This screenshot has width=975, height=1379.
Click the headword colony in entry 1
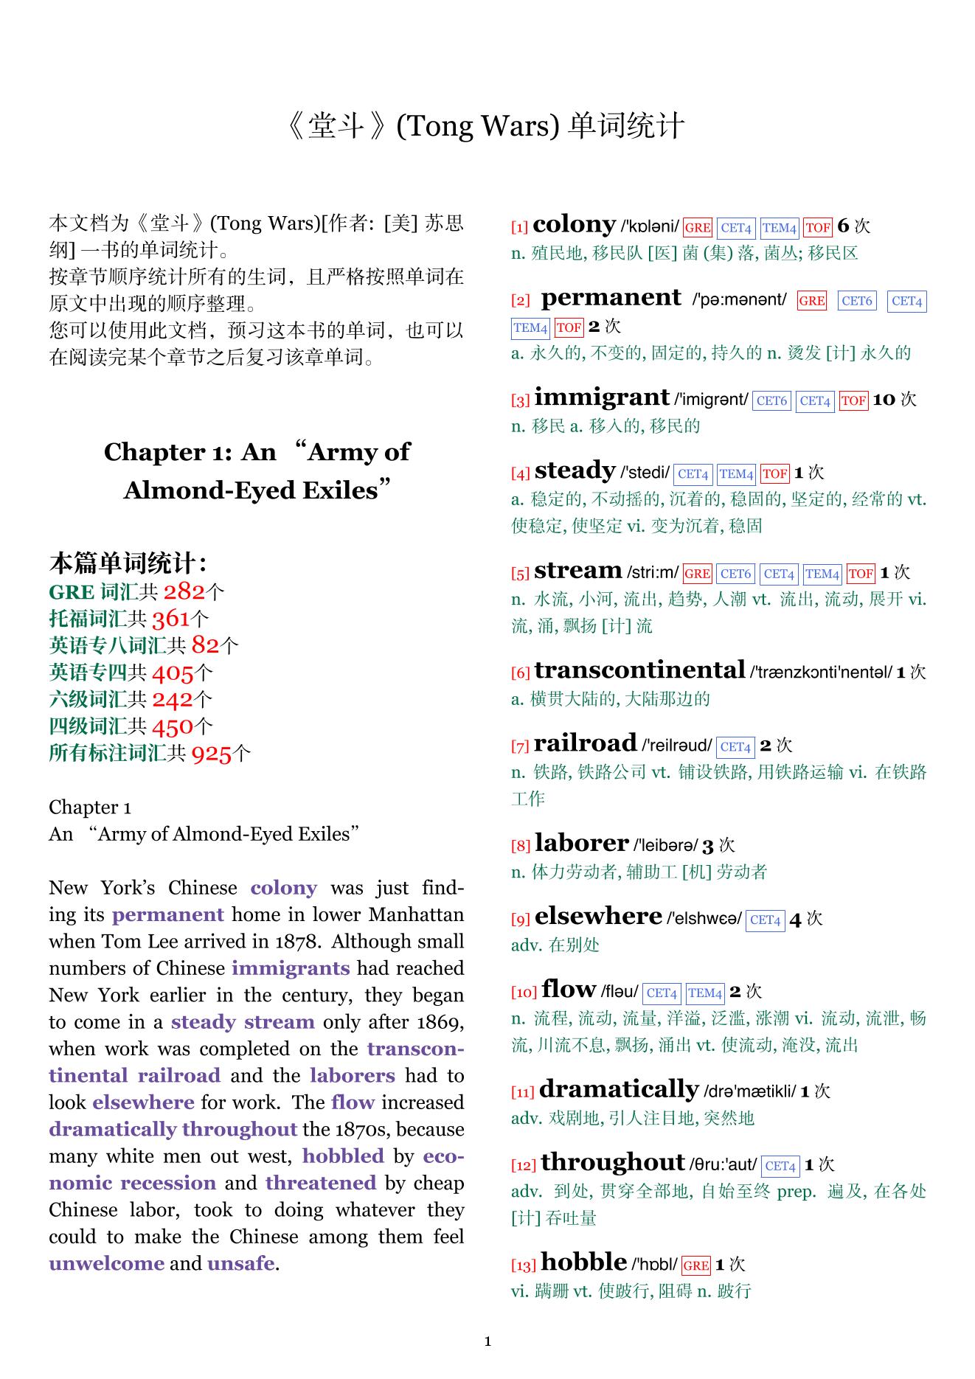[x=574, y=224]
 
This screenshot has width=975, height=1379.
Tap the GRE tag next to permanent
[x=811, y=301]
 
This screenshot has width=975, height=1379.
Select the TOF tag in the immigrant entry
[x=853, y=400]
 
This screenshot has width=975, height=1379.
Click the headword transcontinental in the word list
[x=639, y=670]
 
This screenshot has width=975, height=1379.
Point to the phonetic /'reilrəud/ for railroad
[x=677, y=746]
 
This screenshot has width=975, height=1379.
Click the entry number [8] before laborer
[x=521, y=846]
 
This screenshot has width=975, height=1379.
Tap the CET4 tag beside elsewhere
[x=765, y=920]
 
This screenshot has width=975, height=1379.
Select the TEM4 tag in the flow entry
[x=705, y=993]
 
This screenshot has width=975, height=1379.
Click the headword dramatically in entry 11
[x=619, y=1089]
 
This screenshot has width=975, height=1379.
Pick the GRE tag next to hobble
[x=695, y=1265]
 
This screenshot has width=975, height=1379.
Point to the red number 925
[x=211, y=753]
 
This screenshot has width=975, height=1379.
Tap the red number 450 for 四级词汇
[x=172, y=726]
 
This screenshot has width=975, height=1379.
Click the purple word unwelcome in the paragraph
[x=106, y=1263]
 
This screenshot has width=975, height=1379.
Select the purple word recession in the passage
[x=168, y=1183]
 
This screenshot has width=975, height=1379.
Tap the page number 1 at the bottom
[x=487, y=1341]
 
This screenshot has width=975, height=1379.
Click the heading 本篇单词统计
[x=127, y=563]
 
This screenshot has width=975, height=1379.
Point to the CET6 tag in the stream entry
[x=735, y=573]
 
